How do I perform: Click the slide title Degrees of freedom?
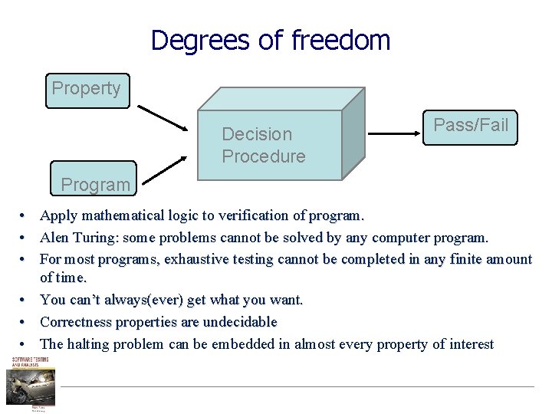tap(271, 40)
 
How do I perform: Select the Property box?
tap(87, 89)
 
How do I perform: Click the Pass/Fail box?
tap(471, 126)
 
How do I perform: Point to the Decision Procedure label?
tap(263, 145)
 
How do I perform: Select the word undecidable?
tap(239, 322)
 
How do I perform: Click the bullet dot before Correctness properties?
tap(25, 323)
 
